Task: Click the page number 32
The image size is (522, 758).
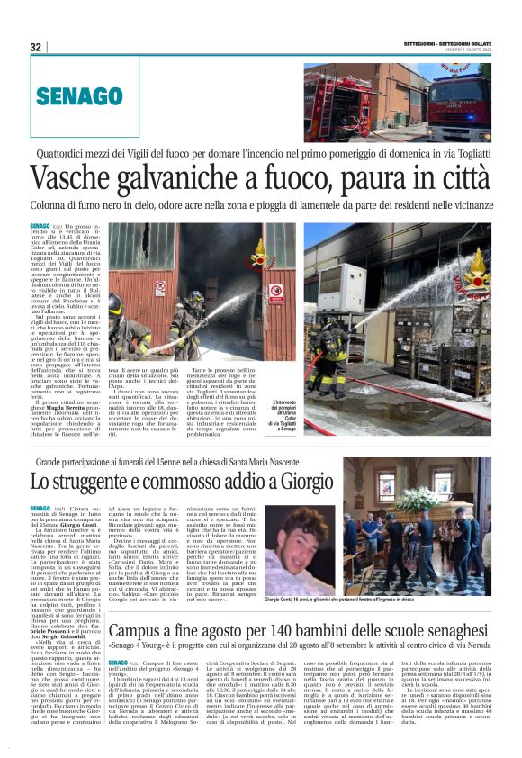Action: tap(36, 47)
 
